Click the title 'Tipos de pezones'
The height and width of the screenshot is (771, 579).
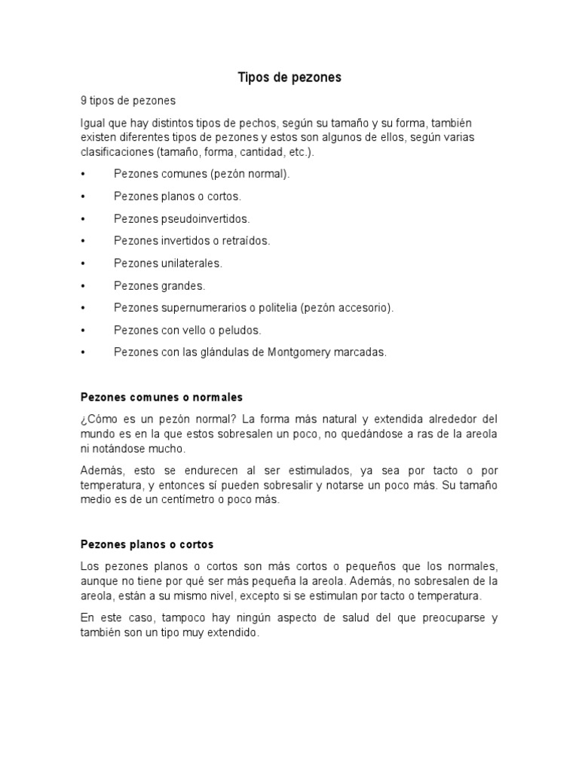click(289, 77)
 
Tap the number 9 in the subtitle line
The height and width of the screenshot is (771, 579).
click(84, 100)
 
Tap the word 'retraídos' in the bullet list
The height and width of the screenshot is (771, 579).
click(247, 241)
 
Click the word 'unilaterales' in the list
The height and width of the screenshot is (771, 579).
click(191, 264)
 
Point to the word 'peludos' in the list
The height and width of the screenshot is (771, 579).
click(241, 330)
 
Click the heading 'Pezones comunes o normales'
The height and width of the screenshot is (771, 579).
click(161, 396)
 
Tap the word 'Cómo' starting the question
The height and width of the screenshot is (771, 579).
click(100, 419)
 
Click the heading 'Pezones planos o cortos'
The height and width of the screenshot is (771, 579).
click(147, 544)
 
